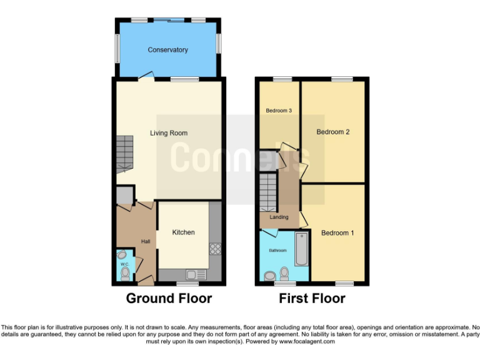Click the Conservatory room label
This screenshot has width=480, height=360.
click(x=167, y=50)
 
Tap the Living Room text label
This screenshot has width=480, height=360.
click(x=168, y=133)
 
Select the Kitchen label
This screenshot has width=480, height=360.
click(x=183, y=232)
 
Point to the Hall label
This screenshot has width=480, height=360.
click(x=146, y=242)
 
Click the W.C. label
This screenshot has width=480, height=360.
click(x=124, y=264)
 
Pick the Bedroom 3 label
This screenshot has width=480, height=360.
click(x=279, y=111)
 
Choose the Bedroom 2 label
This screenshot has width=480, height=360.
click(x=332, y=132)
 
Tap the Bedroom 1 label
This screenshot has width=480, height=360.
click(x=337, y=233)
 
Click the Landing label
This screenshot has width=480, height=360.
click(x=279, y=217)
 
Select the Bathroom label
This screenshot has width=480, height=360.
click(x=278, y=251)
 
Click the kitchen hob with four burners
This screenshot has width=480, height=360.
click(x=216, y=249)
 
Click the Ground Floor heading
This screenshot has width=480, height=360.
click(x=169, y=299)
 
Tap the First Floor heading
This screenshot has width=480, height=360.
click(x=312, y=299)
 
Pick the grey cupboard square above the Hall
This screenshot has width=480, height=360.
click(x=124, y=196)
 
